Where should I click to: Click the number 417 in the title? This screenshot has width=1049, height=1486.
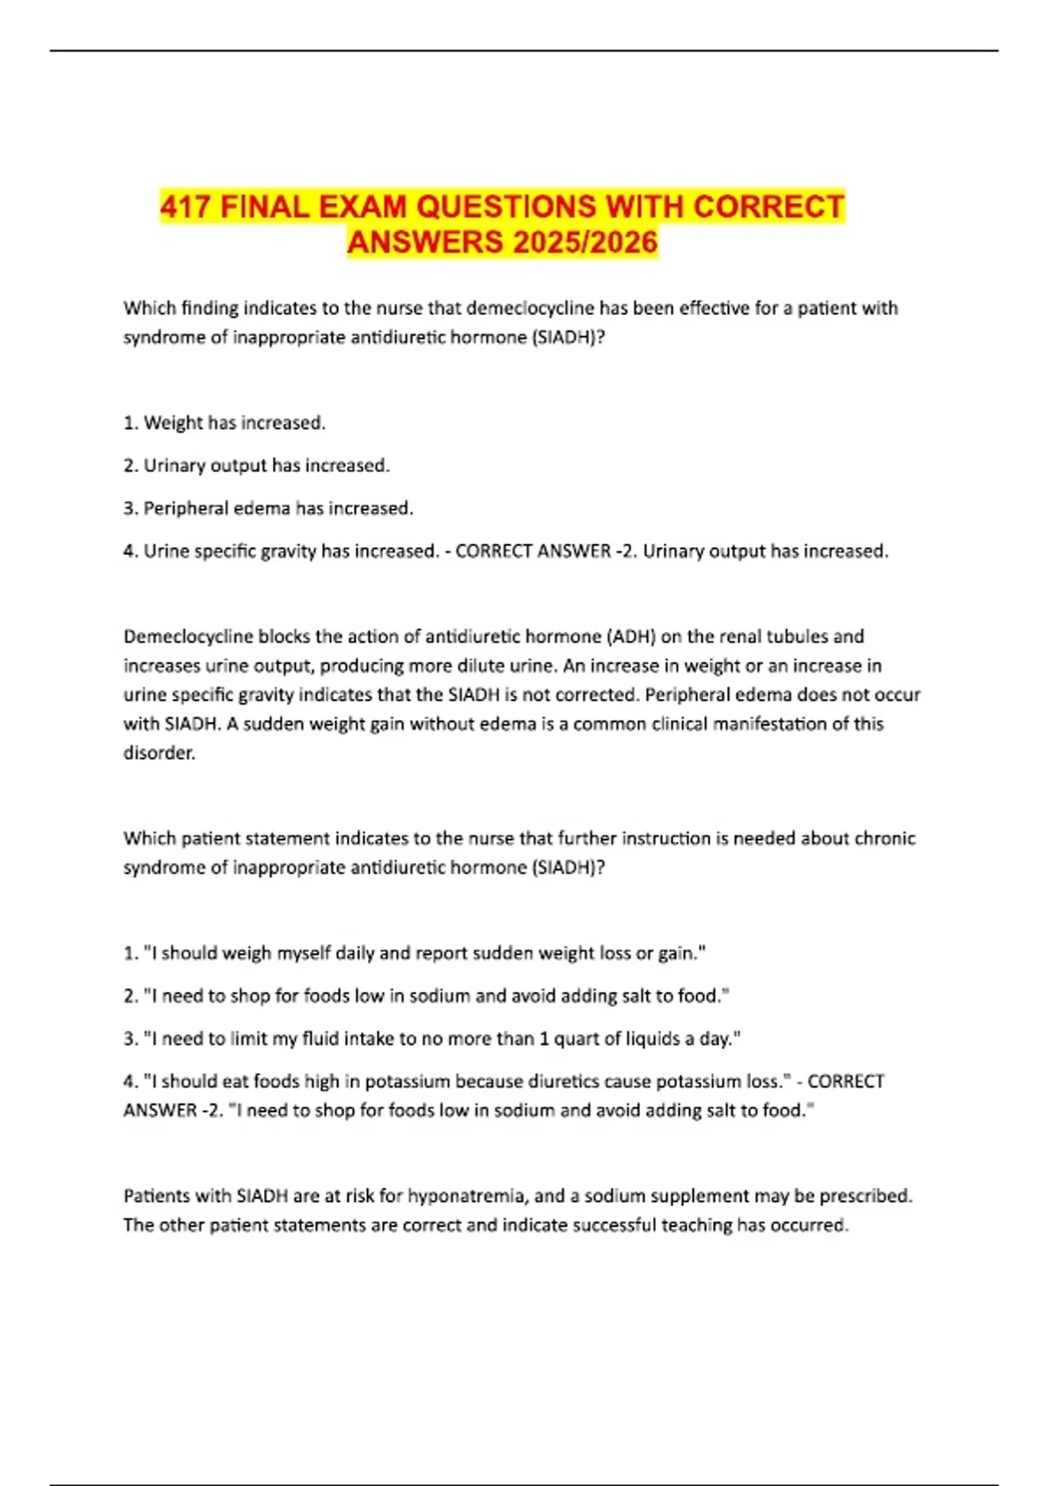(185, 207)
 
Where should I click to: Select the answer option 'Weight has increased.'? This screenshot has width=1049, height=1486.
(234, 423)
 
